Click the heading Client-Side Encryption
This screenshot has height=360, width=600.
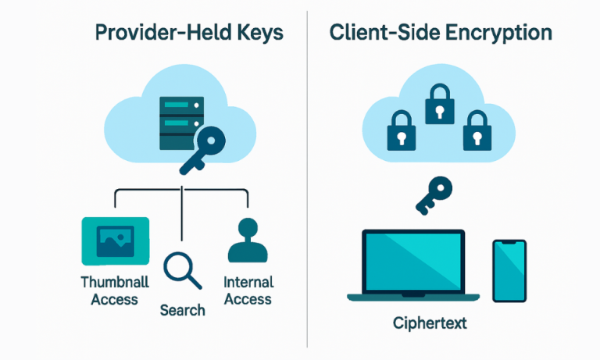click(440, 34)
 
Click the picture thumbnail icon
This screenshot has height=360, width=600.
click(115, 241)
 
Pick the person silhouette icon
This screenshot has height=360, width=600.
click(247, 241)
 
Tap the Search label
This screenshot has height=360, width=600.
click(182, 311)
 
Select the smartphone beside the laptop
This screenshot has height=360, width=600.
click(509, 270)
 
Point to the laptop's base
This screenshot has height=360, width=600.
click(412, 297)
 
